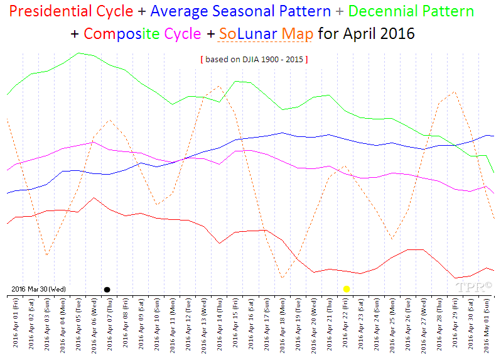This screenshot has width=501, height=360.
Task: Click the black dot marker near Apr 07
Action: tap(107, 289)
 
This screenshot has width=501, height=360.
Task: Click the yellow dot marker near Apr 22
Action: tap(346, 288)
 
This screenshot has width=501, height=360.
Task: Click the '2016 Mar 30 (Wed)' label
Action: tap(38, 289)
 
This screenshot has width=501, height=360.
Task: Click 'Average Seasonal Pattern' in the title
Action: tap(240, 11)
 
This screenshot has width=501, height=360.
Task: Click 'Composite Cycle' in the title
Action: tap(143, 34)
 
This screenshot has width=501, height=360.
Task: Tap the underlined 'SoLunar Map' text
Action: tap(265, 34)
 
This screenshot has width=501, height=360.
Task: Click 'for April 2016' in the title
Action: tap(366, 34)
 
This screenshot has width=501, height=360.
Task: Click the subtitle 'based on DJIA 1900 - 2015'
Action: tap(254, 59)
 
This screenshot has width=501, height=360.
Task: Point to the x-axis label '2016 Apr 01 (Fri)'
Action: tap(16, 324)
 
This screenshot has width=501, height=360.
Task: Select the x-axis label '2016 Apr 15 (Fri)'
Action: tap(236, 324)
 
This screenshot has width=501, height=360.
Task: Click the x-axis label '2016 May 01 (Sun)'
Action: tap(488, 324)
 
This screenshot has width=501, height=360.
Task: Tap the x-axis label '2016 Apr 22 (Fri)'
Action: tap(346, 324)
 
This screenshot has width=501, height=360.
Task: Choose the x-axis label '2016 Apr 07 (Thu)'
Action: tap(110, 324)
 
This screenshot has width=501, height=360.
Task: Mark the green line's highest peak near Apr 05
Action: tap(78, 53)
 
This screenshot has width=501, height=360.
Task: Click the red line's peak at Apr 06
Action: tap(94, 198)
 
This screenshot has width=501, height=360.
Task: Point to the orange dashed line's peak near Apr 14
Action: tap(218, 86)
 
